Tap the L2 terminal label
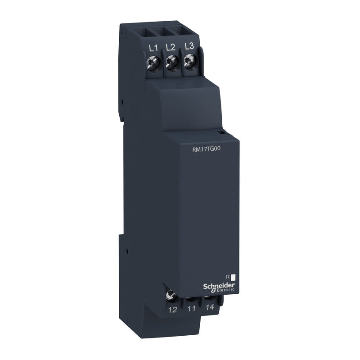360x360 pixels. click(170, 47)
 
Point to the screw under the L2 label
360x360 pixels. click(171, 64)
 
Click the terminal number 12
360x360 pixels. click(172, 310)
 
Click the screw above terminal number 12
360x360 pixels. click(171, 295)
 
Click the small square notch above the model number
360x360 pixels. click(221, 133)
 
